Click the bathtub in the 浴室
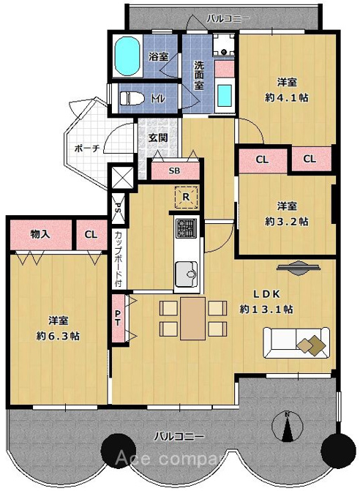pyautogui.click(x=127, y=56)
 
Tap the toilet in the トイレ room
pyautogui.click(x=132, y=98)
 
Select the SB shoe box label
pyautogui.click(x=174, y=171)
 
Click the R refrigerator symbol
pyautogui.click(x=187, y=198)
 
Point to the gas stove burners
pyautogui.click(x=187, y=228)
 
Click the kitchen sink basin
pyautogui.click(x=187, y=274)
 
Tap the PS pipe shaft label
pyautogui.click(x=119, y=208)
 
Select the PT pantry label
pyautogui.click(x=118, y=318)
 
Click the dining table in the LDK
pyautogui.click(x=193, y=318)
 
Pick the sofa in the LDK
pyautogui.click(x=296, y=343)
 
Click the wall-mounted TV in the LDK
pyautogui.click(x=299, y=267)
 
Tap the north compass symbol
pyautogui.click(x=288, y=427)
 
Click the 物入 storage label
pyautogui.click(x=40, y=234)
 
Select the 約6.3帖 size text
pyautogui.click(x=59, y=336)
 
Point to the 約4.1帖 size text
pyautogui.click(x=287, y=98)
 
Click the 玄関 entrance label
pyautogui.click(x=158, y=138)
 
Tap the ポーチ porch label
pyautogui.click(x=87, y=148)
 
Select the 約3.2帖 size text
pyautogui.click(x=287, y=222)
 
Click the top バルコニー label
pyautogui.click(x=228, y=19)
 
